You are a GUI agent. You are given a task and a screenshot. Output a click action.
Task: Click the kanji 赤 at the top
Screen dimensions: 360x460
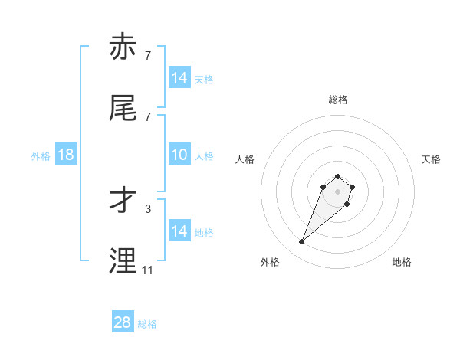click(124, 49)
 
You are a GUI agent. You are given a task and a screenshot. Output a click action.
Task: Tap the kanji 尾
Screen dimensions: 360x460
click(124, 110)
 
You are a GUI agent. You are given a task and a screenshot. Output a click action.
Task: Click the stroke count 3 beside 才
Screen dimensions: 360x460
click(148, 208)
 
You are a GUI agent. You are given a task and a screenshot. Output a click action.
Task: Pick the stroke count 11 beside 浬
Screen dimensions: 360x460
click(148, 270)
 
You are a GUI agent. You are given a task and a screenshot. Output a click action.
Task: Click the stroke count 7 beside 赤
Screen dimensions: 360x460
click(148, 56)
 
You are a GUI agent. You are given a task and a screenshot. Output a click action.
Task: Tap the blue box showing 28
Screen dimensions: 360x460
click(123, 322)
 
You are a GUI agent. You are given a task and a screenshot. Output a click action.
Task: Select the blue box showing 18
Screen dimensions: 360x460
click(66, 155)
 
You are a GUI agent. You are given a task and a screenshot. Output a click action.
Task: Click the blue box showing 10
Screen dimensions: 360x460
click(179, 155)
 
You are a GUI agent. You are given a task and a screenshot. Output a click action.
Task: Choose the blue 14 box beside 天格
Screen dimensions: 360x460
click(179, 78)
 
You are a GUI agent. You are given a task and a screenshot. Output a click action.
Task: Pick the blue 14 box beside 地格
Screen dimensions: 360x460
click(179, 231)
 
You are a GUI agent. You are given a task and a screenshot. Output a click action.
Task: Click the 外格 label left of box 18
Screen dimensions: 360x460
click(41, 156)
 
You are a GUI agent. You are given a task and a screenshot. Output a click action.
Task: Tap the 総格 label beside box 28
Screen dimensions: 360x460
click(147, 324)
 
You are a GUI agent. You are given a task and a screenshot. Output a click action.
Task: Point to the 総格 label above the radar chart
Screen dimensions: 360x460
click(337, 100)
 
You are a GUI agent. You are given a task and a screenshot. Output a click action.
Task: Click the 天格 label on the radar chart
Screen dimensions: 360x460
click(431, 159)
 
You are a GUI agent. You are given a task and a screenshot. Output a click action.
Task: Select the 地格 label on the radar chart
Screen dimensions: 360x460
click(402, 262)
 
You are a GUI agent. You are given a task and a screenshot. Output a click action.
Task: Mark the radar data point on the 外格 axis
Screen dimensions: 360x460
click(302, 242)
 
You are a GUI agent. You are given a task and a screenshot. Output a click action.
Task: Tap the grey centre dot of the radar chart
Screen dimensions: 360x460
click(337, 191)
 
